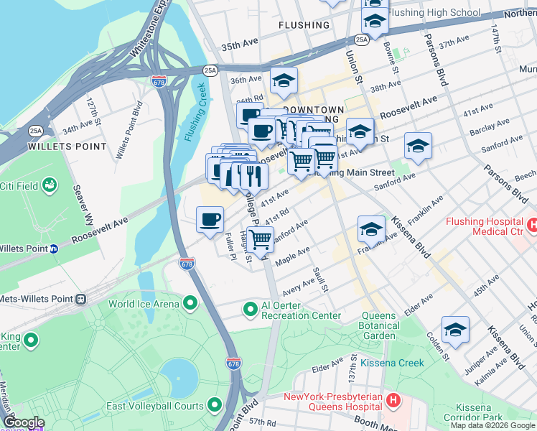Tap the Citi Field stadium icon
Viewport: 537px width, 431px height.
pyautogui.click(x=50, y=187)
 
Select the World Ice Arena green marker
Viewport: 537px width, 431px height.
pyautogui.click(x=190, y=304)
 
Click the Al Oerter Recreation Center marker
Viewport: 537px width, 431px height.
pyautogui.click(x=250, y=310)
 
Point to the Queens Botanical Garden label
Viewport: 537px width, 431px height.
pyautogui.click(x=378, y=326)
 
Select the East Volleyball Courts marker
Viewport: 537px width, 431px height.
pyautogui.click(x=214, y=406)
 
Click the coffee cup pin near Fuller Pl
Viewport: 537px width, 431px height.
pyautogui.click(x=210, y=220)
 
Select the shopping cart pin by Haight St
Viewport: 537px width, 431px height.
pyautogui.click(x=261, y=239)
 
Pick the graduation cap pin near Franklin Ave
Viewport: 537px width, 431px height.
pyautogui.click(x=370, y=229)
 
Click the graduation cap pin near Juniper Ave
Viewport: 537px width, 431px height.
pyautogui.click(x=455, y=330)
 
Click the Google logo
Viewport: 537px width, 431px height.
pyautogui.click(x=23, y=422)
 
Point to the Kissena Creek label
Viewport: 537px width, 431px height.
pyautogui.click(x=393, y=363)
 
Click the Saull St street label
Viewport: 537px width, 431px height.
pyautogui.click(x=321, y=280)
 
